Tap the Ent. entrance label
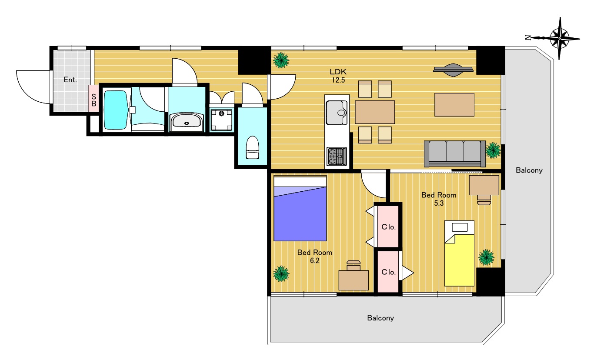tap(70, 80)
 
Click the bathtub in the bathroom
tap(115, 110)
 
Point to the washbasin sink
tap(187, 121)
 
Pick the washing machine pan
tap(221, 120)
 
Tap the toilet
tap(252, 147)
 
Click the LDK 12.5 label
tap(338, 76)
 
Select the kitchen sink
tap(337, 113)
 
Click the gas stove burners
tap(337, 156)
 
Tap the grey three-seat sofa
tap(455, 154)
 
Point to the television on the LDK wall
tap(454, 70)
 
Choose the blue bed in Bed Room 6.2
tap(300, 208)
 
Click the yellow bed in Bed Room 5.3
tap(459, 253)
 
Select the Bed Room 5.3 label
tap(439, 199)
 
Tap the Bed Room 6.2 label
tap(315, 257)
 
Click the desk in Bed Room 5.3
tap(484, 185)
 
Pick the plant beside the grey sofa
tap(493, 150)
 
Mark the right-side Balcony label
tap(529, 170)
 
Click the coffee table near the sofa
tap(454, 105)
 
